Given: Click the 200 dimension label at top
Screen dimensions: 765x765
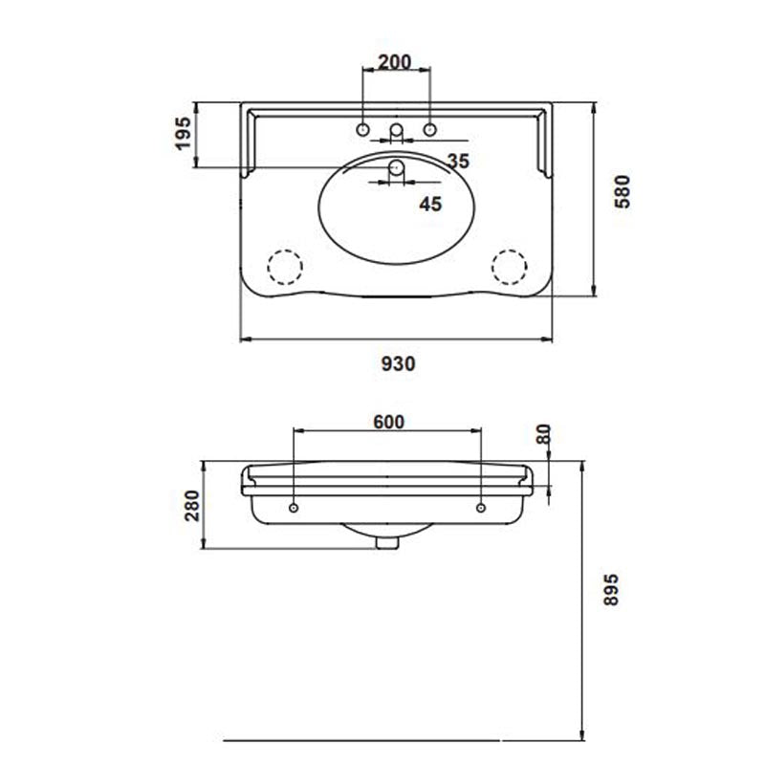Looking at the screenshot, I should click(x=394, y=62).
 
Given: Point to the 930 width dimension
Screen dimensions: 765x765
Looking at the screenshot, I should click(x=398, y=362).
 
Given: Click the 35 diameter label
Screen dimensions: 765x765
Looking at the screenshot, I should click(x=457, y=161).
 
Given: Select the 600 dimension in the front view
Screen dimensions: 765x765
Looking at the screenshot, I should click(x=389, y=422).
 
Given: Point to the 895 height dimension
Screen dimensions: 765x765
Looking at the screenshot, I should click(x=612, y=597).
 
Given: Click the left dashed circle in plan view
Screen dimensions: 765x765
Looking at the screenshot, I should click(x=282, y=265).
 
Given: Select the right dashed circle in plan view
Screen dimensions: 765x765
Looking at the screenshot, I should click(x=511, y=265).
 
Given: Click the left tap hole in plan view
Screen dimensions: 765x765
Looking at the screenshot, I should click(x=363, y=129).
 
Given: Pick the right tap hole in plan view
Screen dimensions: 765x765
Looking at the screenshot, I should click(x=429, y=129).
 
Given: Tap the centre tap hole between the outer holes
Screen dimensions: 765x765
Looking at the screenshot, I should click(x=396, y=130).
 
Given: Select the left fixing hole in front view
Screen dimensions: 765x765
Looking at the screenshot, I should click(x=293, y=505).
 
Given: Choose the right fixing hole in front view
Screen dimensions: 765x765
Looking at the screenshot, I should click(x=481, y=505).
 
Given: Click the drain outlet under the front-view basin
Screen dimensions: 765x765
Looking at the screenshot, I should click(x=386, y=542).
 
